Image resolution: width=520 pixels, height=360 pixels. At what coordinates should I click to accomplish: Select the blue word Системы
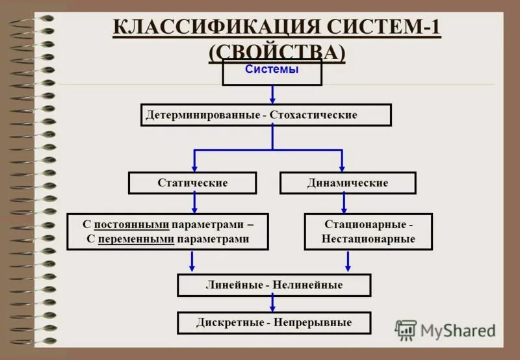(x=272, y=70)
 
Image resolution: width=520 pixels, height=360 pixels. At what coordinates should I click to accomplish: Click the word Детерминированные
(x=203, y=115)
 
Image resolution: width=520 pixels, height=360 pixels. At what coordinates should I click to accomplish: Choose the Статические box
(x=192, y=183)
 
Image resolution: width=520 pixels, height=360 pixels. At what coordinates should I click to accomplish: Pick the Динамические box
(x=348, y=183)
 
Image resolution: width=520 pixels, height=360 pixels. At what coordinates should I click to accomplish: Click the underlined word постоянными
(x=131, y=224)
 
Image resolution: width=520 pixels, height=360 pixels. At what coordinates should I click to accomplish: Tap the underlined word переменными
(x=136, y=239)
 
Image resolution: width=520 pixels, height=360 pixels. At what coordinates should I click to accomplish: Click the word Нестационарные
(x=368, y=239)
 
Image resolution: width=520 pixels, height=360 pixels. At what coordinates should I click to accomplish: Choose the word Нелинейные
(x=307, y=285)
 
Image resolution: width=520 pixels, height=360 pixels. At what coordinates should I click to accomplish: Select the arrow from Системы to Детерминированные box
(x=272, y=95)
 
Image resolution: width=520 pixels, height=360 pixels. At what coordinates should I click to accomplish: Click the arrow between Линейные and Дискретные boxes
(x=272, y=303)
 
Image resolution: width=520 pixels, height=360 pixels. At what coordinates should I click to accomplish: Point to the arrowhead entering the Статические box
(x=194, y=168)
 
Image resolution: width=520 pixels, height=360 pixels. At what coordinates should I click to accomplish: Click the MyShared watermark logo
(x=445, y=330)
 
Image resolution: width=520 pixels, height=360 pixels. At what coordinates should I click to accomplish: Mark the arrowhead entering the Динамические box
(x=342, y=168)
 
